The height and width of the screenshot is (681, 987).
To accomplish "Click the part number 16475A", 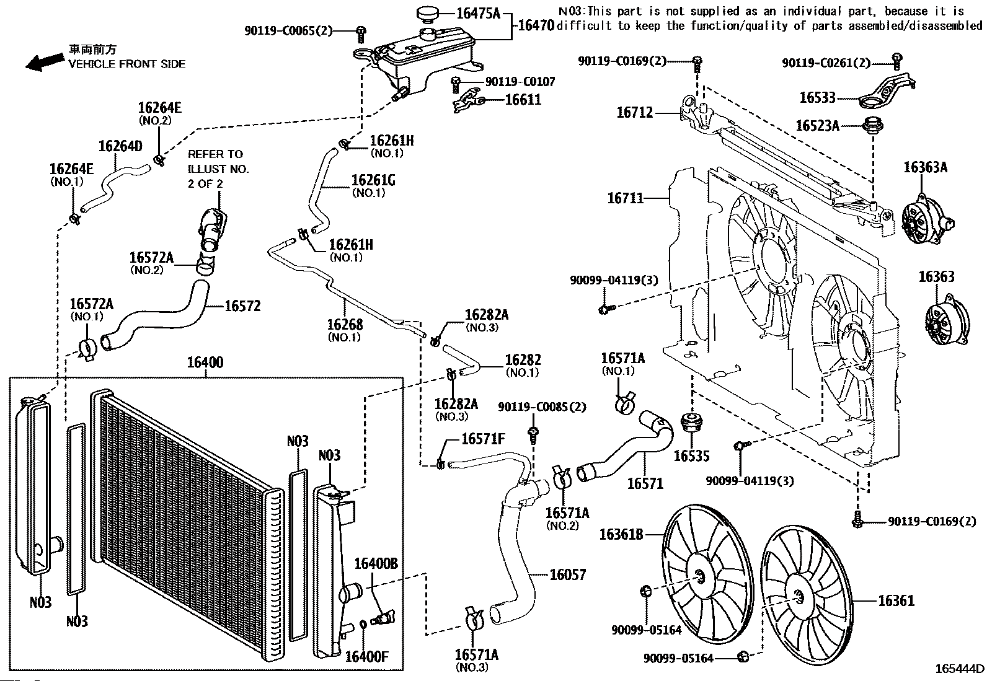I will click(478, 12).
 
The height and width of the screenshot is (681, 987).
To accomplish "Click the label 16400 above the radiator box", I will click(205, 363).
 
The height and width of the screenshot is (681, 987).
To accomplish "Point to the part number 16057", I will click(567, 574).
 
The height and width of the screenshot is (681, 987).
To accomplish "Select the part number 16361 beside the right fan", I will click(896, 600).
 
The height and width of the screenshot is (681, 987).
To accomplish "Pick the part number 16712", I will click(634, 113).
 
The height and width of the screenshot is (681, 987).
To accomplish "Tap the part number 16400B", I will click(376, 563).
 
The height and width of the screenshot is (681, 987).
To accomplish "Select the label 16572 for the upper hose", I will click(242, 305).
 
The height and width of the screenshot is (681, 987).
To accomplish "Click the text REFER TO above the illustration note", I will click(216, 154).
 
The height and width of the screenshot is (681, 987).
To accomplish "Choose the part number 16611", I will click(523, 99).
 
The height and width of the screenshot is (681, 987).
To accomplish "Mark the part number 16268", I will click(345, 325).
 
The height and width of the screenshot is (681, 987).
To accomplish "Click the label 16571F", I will click(483, 439).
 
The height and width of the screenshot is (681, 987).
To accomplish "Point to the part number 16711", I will click(626, 198).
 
